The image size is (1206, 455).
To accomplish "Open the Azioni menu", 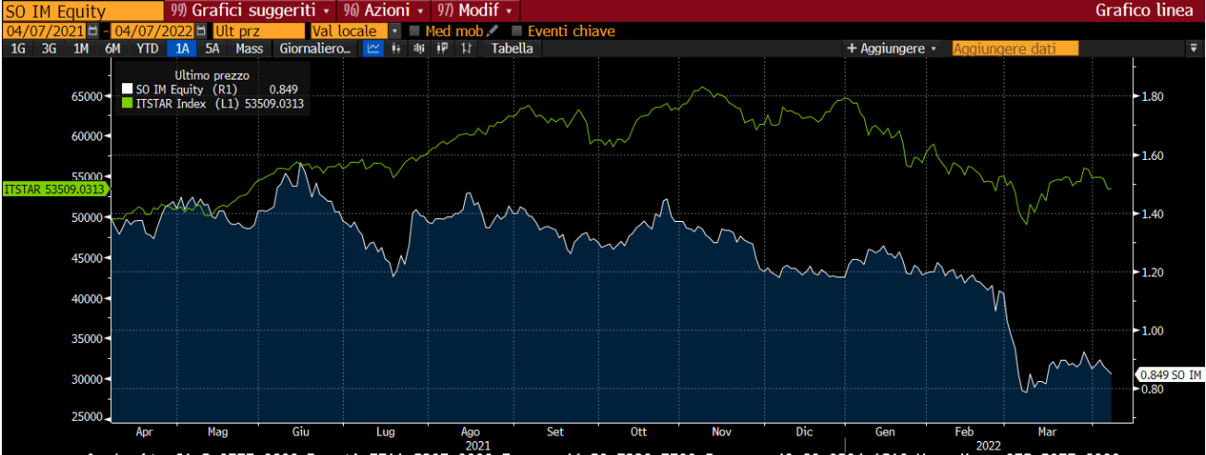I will tap(384, 10).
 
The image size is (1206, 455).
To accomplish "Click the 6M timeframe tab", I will tap(113, 48).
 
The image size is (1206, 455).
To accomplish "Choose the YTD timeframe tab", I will tap(147, 48).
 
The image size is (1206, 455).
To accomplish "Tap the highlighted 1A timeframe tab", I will tap(183, 48).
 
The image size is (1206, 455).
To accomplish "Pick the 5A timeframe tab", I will tap(213, 48).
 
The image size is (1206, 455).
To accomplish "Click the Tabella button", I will tap(512, 48).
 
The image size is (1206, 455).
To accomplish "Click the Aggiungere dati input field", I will tap(1017, 48).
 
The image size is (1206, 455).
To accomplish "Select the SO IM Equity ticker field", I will tap(55, 11).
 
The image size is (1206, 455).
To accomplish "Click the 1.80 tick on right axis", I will tap(1151, 96).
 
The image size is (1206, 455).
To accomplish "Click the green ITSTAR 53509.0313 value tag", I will tap(54, 189).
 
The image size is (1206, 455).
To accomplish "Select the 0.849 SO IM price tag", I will tap(1170, 375).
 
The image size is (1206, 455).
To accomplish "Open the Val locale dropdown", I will tap(355, 31).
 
